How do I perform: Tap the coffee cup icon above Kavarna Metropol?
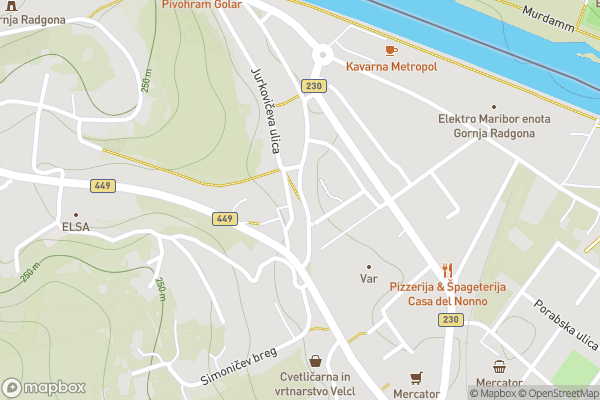pyautogui.click(x=391, y=49)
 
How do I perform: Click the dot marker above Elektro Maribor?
pyautogui.click(x=493, y=105)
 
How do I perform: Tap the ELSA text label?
pyautogui.click(x=75, y=226)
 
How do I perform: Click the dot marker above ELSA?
pyautogui.click(x=75, y=213)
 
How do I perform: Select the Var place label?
pyautogui.click(x=369, y=280)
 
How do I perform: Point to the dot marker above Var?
pyautogui.click(x=369, y=267)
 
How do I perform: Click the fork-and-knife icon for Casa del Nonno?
pyautogui.click(x=447, y=270)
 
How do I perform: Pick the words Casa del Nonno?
pyautogui.click(x=447, y=301)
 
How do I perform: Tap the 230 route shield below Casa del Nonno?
pyautogui.click(x=449, y=319)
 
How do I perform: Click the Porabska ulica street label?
pyautogui.click(x=565, y=322)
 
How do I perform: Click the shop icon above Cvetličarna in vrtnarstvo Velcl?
pyautogui.click(x=316, y=360)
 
